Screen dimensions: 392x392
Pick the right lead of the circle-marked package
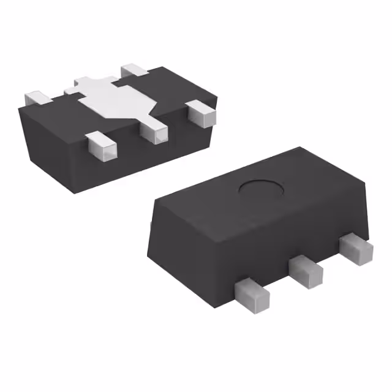356,247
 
